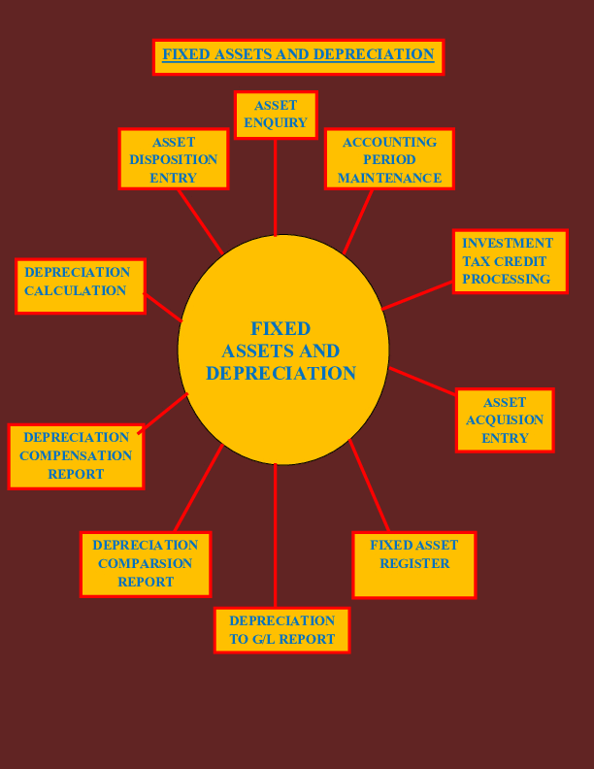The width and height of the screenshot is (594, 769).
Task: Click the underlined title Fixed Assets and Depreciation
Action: pyautogui.click(x=298, y=55)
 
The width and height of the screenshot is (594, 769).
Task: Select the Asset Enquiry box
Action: pyautogui.click(x=276, y=115)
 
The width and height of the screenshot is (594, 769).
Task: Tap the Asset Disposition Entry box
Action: pyautogui.click(x=174, y=159)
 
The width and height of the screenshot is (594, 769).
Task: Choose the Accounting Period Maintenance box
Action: pyautogui.click(x=389, y=159)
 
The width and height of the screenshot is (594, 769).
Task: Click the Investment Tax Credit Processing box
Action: pyautogui.click(x=510, y=261)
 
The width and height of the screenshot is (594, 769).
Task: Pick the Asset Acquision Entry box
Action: pyautogui.click(x=505, y=420)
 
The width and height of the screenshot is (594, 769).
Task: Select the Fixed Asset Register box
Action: pyautogui.click(x=414, y=564)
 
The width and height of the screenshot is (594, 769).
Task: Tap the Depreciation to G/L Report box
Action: pyautogui.click(x=281, y=630)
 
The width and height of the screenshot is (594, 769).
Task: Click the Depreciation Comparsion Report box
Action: pyautogui.click(x=146, y=564)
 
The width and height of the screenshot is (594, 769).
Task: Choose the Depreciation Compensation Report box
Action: pyautogui.click(x=76, y=456)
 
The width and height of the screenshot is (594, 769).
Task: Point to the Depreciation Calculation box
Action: pyautogui.click(x=81, y=285)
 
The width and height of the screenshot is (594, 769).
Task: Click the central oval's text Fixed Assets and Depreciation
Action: pyautogui.click(x=281, y=351)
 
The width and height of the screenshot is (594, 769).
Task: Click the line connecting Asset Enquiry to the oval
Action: pyautogui.click(x=276, y=186)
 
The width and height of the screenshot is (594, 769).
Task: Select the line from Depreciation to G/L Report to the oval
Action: pyautogui.click(x=275, y=536)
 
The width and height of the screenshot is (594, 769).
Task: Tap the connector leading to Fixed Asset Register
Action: pyautogui.click(x=369, y=485)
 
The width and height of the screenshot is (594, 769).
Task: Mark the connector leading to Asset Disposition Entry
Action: pyautogui.click(x=200, y=221)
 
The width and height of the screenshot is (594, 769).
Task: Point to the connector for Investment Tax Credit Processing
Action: pyautogui.click(x=417, y=295)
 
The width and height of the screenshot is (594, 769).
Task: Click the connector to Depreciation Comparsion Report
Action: pyautogui.click(x=198, y=488)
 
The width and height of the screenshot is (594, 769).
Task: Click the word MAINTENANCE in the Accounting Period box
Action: pyautogui.click(x=389, y=178)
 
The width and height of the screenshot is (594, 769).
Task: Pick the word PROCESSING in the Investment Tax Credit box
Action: pyautogui.click(x=506, y=280)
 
